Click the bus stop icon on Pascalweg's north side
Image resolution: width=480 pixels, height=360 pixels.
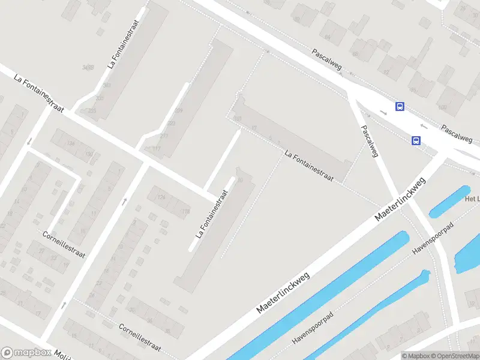click(x=400, y=107)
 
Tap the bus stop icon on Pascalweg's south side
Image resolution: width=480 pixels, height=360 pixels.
click(x=415, y=140)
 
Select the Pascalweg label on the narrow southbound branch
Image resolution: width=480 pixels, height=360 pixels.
click(x=369, y=140)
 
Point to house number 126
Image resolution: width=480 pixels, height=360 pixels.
click(x=161, y=196)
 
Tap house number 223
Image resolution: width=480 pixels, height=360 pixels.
click(x=172, y=124)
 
